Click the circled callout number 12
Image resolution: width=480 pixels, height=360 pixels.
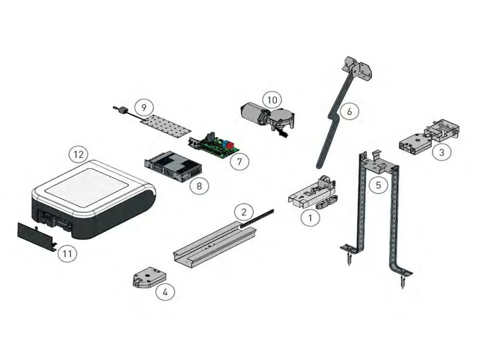tap(79, 154)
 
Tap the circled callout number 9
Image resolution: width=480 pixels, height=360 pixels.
tap(144, 107)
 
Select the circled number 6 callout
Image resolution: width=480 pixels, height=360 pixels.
tap(349, 112)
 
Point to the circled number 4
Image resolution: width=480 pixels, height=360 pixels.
tap(165, 292)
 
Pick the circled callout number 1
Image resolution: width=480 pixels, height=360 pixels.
tap(310, 218)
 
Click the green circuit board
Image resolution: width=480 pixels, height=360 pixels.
tap(214, 145)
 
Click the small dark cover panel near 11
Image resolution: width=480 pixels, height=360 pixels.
tap(37, 235)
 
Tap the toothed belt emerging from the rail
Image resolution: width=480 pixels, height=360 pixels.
tap(257, 218)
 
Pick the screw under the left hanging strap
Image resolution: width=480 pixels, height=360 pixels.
tap(349, 259)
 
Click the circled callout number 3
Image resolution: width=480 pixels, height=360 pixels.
tap(442, 152)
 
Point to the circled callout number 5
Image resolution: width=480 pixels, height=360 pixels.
tap(379, 185)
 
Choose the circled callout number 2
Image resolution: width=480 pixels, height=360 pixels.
tap(244, 212)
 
